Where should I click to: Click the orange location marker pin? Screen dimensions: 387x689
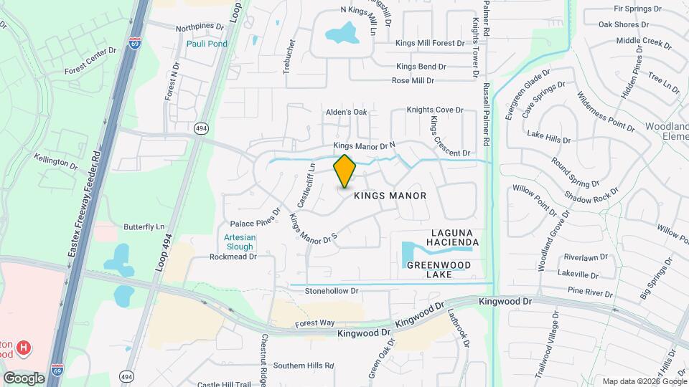click(x=344, y=171)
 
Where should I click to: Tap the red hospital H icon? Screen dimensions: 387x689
click(x=24, y=348)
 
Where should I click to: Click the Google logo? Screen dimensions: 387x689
click(x=24, y=378)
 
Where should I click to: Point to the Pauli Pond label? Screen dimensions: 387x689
click(x=207, y=44)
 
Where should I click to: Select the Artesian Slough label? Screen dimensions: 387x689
click(x=240, y=242)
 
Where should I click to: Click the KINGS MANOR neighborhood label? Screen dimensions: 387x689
click(x=390, y=196)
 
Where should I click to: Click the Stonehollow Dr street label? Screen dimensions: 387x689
click(x=331, y=291)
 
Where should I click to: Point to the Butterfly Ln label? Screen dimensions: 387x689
click(x=144, y=226)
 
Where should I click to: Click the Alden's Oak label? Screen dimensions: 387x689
click(x=346, y=113)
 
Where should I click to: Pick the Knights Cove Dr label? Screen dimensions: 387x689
click(x=435, y=110)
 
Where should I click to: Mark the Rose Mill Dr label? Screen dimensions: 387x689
click(x=413, y=81)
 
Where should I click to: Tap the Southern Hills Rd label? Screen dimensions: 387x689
click(x=304, y=365)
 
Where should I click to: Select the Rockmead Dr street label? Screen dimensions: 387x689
click(x=233, y=257)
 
